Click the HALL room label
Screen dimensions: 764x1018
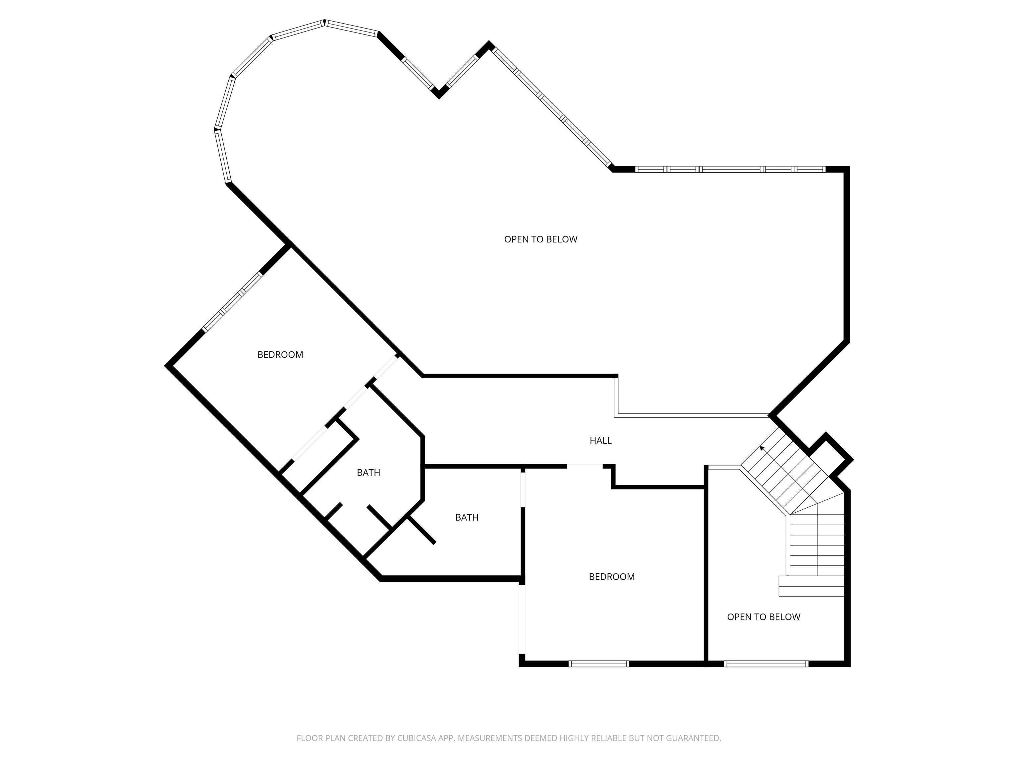coord(600,441)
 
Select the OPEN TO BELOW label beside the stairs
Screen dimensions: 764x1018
coord(763,617)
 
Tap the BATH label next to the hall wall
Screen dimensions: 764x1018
coord(368,473)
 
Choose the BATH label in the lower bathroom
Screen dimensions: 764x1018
coord(466,518)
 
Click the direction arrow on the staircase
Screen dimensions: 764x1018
coord(762,448)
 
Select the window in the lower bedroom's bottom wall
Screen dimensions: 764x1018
coord(598,664)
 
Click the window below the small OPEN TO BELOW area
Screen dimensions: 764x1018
coord(766,664)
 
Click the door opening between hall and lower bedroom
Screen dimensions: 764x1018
coord(585,466)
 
